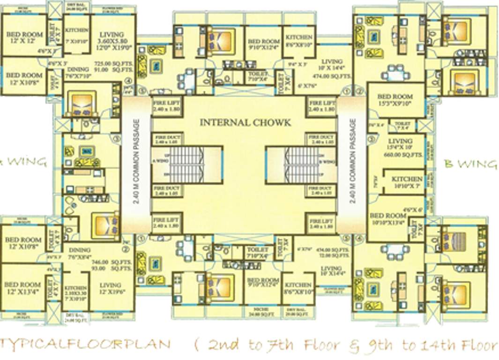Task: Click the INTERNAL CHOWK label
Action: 245,123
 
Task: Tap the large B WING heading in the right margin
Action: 470,164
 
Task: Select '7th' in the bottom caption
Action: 279,345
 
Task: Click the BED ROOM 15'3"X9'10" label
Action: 395,100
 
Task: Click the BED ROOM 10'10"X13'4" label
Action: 388,219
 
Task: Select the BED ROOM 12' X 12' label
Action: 23,38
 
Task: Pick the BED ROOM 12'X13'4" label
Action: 23,287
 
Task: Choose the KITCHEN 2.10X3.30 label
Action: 75,291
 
